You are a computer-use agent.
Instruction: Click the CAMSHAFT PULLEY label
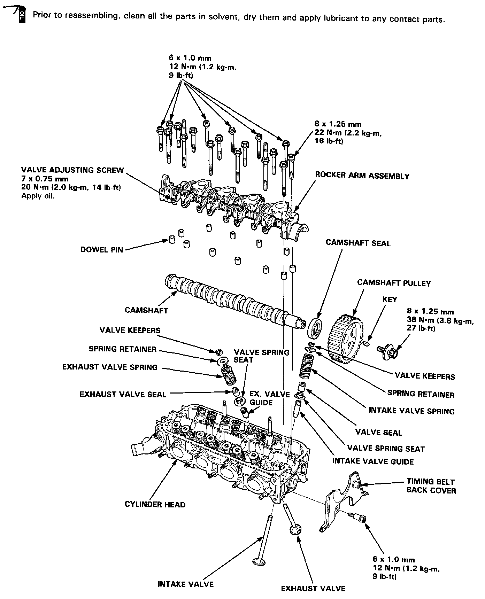394,283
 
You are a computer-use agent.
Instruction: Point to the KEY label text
390,299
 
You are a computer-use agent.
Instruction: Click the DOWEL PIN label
101,250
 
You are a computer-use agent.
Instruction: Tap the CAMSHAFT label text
146,310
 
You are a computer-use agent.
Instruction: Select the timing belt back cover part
340,501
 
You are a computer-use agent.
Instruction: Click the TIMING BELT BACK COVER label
431,486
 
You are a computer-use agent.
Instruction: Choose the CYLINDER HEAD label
155,504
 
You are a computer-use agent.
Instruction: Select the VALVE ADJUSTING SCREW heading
72,170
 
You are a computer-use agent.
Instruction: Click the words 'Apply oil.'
38,196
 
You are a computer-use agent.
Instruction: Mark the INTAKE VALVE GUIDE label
373,461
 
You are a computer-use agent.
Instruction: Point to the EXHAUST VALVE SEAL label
123,394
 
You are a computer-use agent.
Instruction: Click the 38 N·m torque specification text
440,320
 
